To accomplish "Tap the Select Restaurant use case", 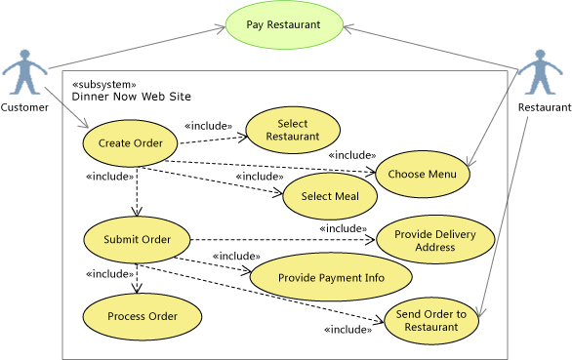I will (292, 130).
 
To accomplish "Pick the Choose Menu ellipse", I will (423, 174).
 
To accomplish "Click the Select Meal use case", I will (330, 196).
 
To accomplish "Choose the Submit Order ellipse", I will (136, 240).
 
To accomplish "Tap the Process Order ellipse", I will (142, 316).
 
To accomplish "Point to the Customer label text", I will (24, 107).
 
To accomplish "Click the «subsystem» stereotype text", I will (104, 84).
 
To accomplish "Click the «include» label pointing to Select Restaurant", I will (208, 126).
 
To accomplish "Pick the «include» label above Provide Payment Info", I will (235, 257).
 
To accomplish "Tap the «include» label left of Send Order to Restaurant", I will (347, 330).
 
